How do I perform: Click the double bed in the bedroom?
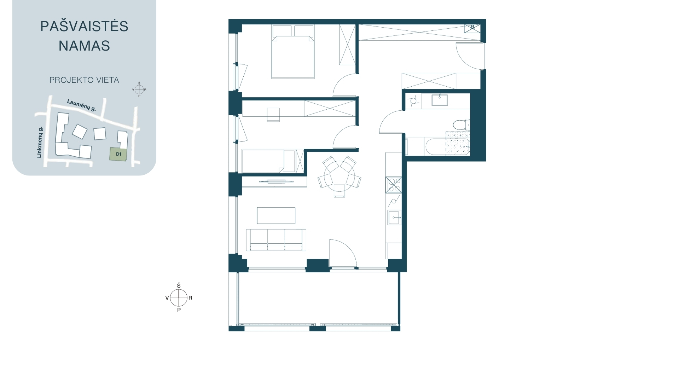(x=293, y=52)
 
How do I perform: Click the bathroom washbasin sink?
(x=440, y=100)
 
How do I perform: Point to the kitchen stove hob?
(x=394, y=185)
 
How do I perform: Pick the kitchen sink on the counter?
(x=394, y=217)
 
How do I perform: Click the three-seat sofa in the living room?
(x=276, y=240)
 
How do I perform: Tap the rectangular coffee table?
(x=276, y=215)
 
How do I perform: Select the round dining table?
(x=339, y=176)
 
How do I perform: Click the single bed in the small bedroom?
(x=268, y=161)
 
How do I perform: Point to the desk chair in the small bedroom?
(x=273, y=115)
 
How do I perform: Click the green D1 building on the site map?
(x=118, y=154)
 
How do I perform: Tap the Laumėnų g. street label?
(x=82, y=105)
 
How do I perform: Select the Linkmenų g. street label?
(x=40, y=142)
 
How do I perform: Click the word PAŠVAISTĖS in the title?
(x=84, y=27)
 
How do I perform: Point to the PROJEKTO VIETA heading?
(x=84, y=80)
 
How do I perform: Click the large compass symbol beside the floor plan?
(x=179, y=298)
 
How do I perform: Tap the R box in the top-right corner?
(x=472, y=28)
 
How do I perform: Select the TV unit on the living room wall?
(x=274, y=182)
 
